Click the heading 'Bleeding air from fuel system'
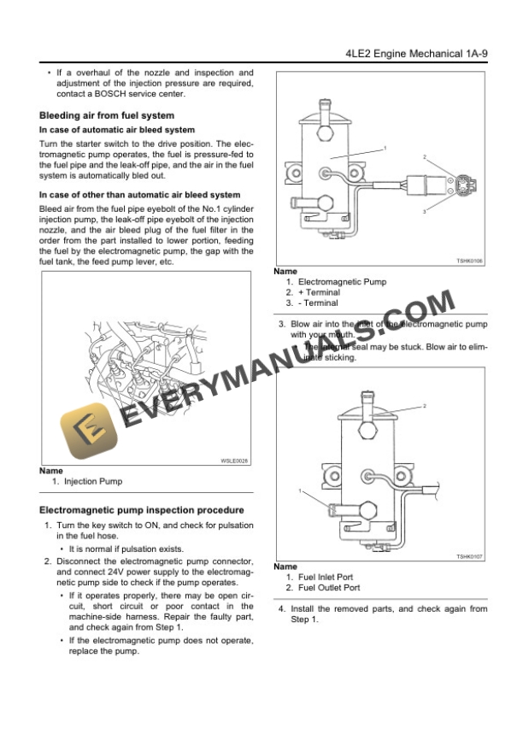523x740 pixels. click(107, 115)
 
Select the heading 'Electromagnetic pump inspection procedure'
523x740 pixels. click(130, 510)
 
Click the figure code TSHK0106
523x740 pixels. click(468, 261)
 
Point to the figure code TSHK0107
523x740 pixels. click(468, 556)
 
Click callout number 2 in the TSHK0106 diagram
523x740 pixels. click(425, 157)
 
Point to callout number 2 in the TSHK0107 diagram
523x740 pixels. click(424, 406)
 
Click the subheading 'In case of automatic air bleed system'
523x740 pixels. click(117, 130)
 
